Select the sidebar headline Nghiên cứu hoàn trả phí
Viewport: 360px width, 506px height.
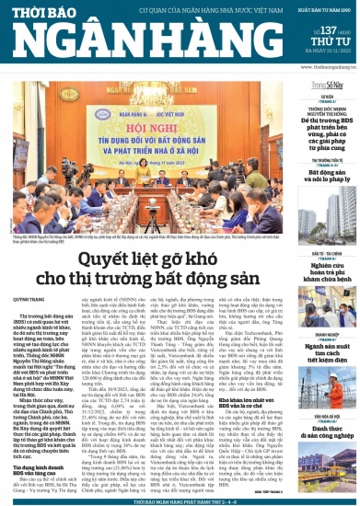pos(327,269)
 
